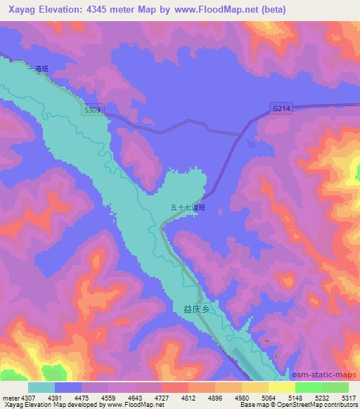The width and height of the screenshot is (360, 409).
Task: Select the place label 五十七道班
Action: [x=188, y=208]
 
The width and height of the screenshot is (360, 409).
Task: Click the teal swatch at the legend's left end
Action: [x=41, y=387]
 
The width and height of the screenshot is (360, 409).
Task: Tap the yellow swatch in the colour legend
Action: [x=281, y=387]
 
